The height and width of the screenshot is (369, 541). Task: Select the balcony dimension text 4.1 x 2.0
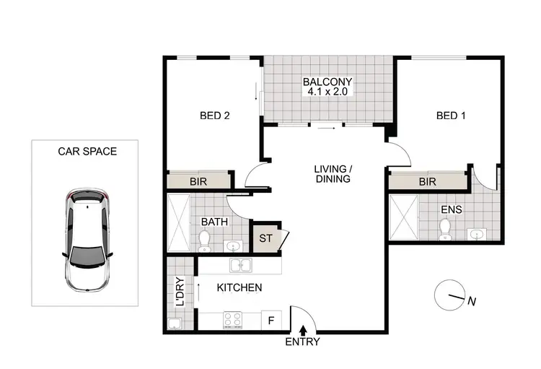click(329, 93)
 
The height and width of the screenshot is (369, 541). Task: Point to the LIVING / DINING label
click(332, 174)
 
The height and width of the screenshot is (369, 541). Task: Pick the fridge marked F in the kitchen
click(271, 318)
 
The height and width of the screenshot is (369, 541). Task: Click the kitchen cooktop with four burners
click(233, 318)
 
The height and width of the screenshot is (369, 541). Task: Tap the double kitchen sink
click(239, 265)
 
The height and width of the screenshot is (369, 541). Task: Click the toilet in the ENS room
click(445, 229)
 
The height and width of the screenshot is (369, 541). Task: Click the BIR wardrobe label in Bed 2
click(198, 182)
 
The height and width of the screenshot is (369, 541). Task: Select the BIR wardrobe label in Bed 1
click(428, 182)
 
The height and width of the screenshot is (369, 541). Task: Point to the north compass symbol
click(451, 295)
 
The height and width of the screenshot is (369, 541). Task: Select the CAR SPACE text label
click(87, 152)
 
